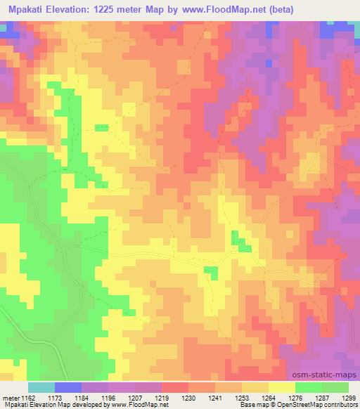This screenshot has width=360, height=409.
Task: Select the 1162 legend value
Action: coord(27,397)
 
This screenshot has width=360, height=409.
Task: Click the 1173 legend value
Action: coord(55,397)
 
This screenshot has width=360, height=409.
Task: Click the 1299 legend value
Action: coord(349,397)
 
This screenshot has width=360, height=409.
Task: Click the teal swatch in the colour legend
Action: coord(41,387)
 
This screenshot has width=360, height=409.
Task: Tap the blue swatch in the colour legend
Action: coord(69,387)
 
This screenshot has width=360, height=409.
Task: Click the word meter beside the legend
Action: coord(9,397)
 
